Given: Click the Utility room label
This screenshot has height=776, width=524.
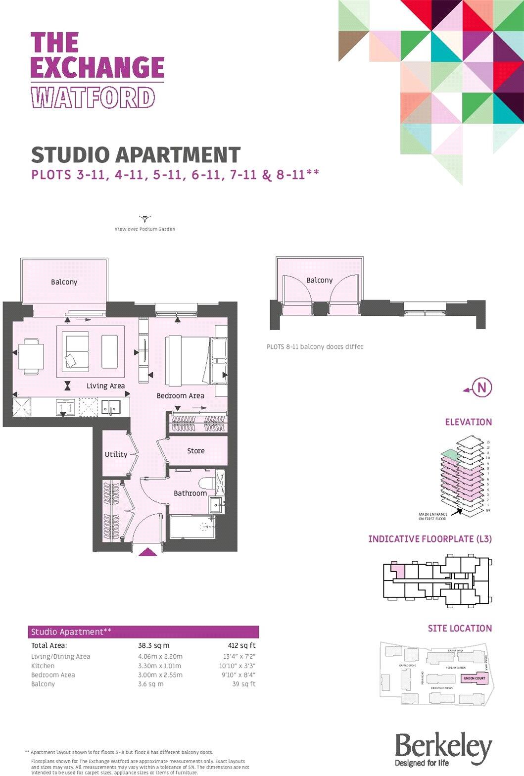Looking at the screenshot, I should click(116, 454).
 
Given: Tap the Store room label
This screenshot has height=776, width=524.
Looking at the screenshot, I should click(196, 451).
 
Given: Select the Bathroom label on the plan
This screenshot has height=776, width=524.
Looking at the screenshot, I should click(190, 493).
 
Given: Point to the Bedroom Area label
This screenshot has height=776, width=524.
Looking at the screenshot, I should click(180, 396).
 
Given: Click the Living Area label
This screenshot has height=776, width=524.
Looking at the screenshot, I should click(105, 386).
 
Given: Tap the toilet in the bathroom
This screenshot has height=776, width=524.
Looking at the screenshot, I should click(206, 483).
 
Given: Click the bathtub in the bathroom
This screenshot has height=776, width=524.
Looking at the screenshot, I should click(192, 527).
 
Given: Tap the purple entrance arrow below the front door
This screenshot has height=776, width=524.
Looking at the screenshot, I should click(147, 552).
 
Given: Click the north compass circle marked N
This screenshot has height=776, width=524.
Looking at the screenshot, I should click(482, 388).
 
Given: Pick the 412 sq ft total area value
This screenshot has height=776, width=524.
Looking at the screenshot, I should click(241, 645).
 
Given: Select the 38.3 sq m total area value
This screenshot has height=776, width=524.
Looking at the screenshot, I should click(153, 645).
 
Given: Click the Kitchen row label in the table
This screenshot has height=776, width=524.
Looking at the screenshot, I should click(43, 666).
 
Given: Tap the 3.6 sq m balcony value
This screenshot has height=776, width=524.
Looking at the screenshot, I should click(150, 684).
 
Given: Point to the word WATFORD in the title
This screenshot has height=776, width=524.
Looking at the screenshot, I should click(93, 97).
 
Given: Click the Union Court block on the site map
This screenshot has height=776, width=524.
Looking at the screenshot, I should click(474, 678).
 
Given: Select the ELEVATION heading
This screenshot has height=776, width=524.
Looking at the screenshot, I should click(468, 422).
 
